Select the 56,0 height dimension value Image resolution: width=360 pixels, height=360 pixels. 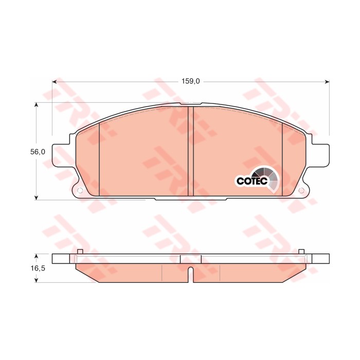tap(38, 152)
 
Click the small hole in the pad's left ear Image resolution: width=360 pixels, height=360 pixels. tap(80, 191)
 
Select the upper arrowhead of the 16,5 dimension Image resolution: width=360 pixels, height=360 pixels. tap(36, 256)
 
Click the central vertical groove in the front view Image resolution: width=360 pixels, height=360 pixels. tap(190, 152)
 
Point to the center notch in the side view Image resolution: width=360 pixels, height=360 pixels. tap(190, 275)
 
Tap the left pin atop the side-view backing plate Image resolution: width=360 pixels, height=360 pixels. tap(79, 251)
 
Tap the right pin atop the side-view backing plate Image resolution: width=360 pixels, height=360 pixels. tap(302, 251)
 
